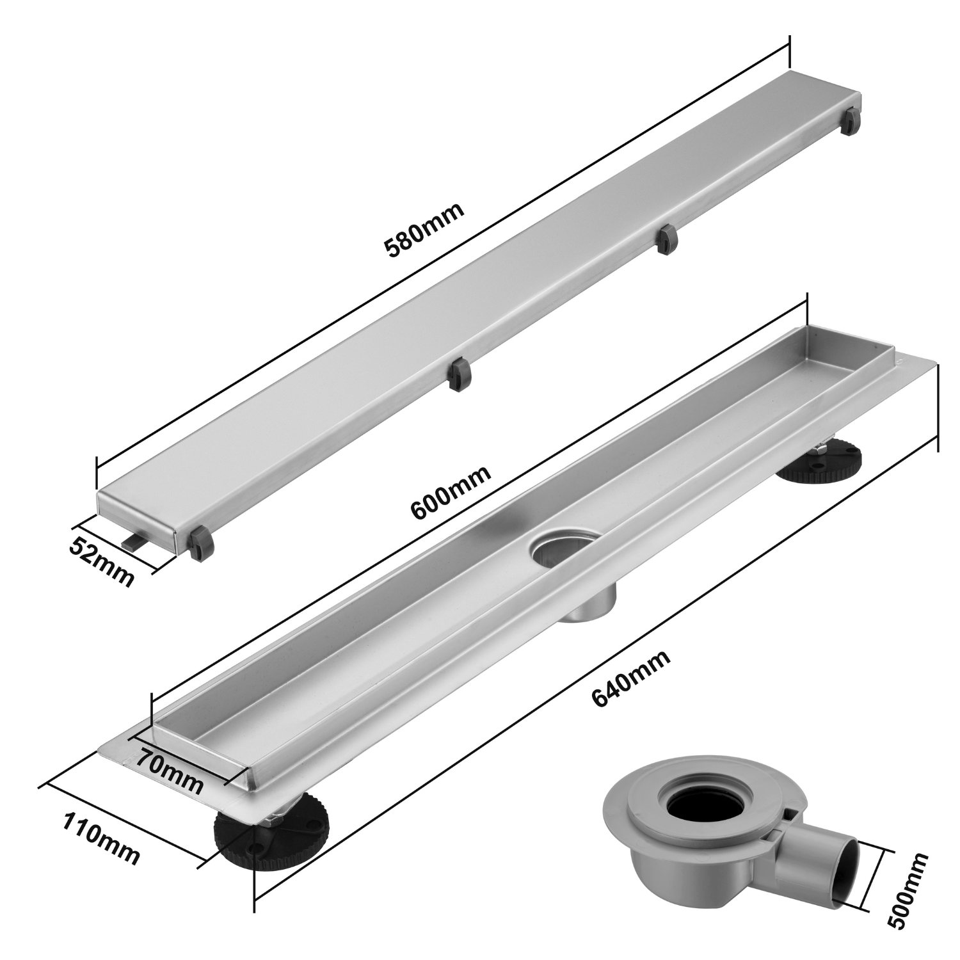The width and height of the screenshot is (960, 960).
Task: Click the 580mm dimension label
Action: (x=423, y=230)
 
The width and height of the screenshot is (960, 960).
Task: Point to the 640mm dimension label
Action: (x=631, y=678)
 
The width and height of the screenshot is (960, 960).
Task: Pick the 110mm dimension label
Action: (x=100, y=837)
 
